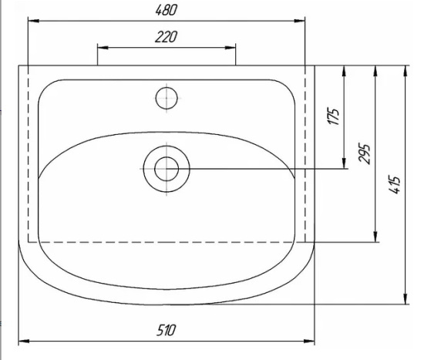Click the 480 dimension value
click(167, 10)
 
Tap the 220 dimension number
click(166, 37)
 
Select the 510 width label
click(166, 330)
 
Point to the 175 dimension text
click(334, 116)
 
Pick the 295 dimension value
click(364, 153)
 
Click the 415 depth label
click(394, 185)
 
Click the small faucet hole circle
click(167, 98)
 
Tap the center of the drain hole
click(167, 169)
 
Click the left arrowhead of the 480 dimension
click(33, 21)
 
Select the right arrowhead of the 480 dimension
click(300, 21)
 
